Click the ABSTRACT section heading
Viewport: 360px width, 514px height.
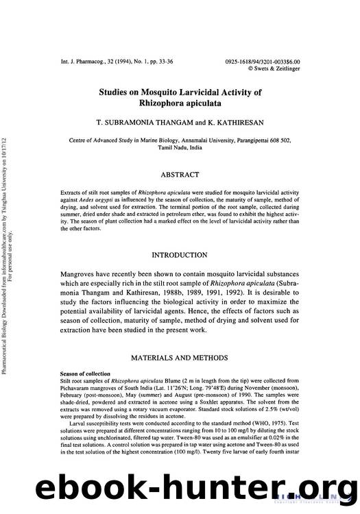click(180, 175)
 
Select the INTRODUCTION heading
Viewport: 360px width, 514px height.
click(180, 255)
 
